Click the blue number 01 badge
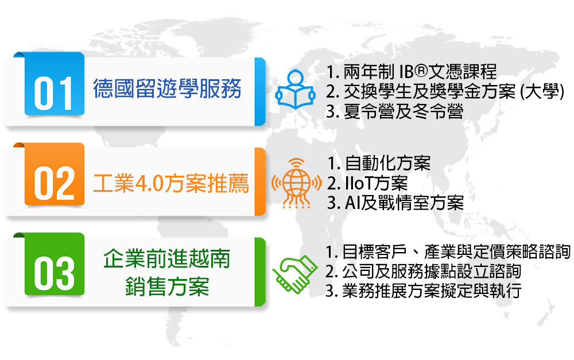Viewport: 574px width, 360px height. (54, 84)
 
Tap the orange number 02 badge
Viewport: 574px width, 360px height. (54, 175)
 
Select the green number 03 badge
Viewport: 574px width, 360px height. (54, 264)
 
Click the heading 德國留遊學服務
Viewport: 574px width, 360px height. (167, 88)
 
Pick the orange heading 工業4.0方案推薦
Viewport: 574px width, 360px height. (171, 183)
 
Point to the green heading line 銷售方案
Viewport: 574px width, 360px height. (167, 287)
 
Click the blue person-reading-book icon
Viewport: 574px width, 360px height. (295, 90)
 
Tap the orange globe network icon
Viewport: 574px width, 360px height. (297, 183)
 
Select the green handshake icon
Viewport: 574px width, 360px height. (294, 274)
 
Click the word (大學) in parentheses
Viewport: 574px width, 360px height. (542, 91)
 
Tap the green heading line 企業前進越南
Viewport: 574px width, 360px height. (167, 259)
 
